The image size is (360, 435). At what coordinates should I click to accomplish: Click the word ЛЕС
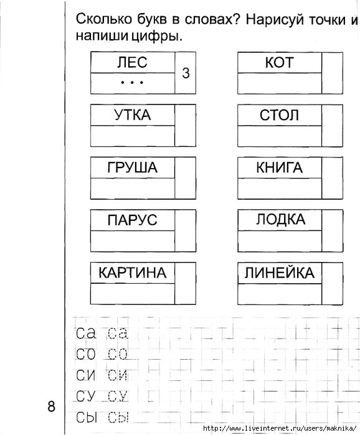(132, 62)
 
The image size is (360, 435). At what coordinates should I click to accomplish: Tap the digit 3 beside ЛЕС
(186, 73)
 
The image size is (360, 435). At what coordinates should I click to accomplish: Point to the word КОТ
(279, 62)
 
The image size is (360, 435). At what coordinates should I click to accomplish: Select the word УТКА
(133, 115)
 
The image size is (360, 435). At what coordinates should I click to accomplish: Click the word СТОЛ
(279, 115)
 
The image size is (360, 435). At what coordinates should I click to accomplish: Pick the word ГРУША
(133, 167)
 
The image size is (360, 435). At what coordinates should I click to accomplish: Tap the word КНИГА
(279, 167)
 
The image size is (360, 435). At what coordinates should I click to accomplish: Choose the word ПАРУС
(133, 220)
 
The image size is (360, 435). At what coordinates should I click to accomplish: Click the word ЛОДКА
(280, 219)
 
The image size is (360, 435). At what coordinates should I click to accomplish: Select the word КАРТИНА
(133, 273)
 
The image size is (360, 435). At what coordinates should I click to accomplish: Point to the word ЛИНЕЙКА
(280, 272)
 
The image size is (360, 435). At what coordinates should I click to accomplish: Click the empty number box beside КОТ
(332, 73)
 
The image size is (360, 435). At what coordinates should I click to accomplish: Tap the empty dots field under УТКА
(133, 136)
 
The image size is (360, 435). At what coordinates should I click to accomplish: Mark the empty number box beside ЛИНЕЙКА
(332, 283)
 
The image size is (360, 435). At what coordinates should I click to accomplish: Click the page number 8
(51, 407)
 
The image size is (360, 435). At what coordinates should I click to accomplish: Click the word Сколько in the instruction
(104, 19)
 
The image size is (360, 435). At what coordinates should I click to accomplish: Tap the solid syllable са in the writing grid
(86, 333)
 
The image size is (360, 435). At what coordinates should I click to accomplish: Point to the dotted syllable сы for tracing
(118, 417)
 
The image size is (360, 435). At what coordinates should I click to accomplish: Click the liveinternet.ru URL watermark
(280, 428)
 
